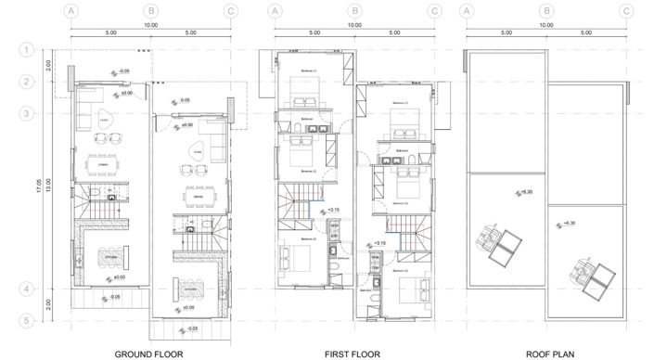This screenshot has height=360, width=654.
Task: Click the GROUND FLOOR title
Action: [x=148, y=354]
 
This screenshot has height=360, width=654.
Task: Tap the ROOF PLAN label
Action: [x=546, y=354]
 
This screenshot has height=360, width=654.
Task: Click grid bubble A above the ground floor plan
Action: [x=70, y=11]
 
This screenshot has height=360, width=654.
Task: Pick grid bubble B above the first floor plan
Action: [x=353, y=11]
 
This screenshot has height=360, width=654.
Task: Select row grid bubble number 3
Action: [x=28, y=114]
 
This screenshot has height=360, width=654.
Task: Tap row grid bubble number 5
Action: [x=28, y=322]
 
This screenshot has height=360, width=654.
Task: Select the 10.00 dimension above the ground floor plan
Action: [x=149, y=25]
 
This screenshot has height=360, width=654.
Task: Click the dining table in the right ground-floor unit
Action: [x=197, y=197]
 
